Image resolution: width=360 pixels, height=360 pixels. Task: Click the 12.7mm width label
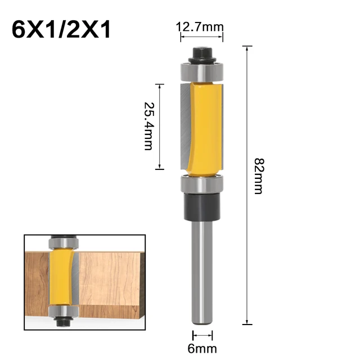200,26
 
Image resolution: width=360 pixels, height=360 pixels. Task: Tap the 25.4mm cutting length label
148,126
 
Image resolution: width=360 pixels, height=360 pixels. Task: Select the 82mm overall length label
258,176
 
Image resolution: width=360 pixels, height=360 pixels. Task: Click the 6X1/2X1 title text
61,29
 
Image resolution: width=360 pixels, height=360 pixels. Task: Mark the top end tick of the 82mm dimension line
246,47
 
